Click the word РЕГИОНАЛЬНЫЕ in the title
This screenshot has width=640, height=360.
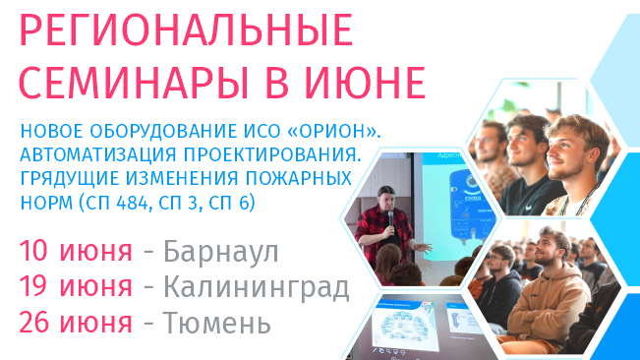click(x=185, y=33)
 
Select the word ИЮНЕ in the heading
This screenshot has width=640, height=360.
click(x=369, y=84)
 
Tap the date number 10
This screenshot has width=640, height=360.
click(x=36, y=251)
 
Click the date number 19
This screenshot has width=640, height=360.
click(x=36, y=288)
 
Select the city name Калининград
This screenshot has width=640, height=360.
click(x=257, y=288)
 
